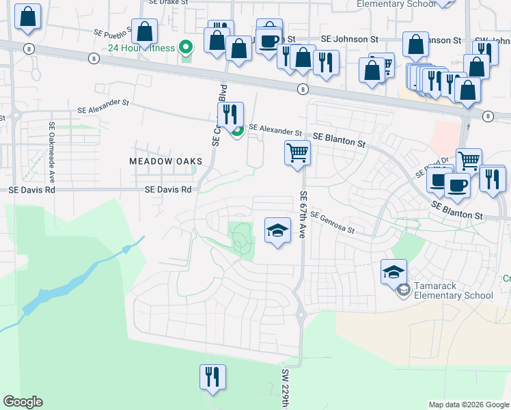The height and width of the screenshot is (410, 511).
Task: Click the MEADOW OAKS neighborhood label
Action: (x=166, y=161)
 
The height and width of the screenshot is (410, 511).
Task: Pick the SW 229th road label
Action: (x=286, y=389)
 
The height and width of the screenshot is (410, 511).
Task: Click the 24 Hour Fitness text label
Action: (x=141, y=48)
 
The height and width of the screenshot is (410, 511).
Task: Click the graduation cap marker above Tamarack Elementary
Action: (x=393, y=272)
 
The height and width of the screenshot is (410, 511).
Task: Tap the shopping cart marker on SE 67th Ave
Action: (x=297, y=152)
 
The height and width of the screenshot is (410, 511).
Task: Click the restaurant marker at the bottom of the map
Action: (x=212, y=377)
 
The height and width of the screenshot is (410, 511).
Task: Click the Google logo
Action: (x=23, y=402)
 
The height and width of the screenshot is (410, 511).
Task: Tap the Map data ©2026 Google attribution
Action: (x=469, y=405)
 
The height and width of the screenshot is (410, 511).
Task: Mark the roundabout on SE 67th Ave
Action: (x=300, y=315)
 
